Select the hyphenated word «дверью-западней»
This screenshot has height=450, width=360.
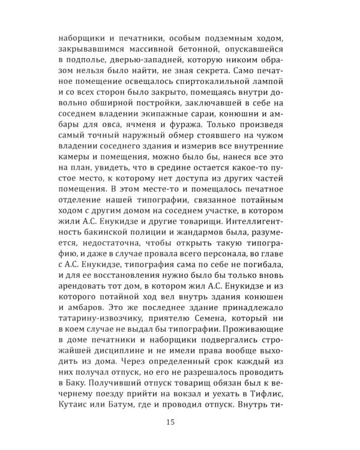[x=146, y=63]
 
